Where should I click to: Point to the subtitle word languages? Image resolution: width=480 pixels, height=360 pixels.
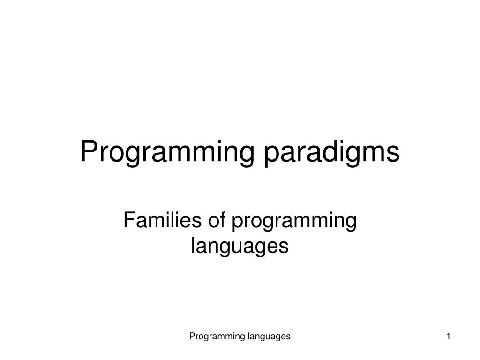pyautogui.click(x=240, y=246)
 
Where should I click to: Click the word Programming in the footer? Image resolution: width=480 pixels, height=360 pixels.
pyautogui.click(x=217, y=336)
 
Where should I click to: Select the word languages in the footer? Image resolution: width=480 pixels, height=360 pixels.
pyautogui.click(x=269, y=336)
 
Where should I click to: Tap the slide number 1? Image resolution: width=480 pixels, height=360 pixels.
pyautogui.click(x=449, y=336)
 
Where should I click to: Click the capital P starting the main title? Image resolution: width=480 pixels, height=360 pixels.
pyautogui.click(x=90, y=152)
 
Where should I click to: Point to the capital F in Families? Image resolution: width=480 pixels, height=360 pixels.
pyautogui.click(x=128, y=221)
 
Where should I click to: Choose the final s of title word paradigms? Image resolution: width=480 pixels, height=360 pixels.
pyautogui.click(x=394, y=154)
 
